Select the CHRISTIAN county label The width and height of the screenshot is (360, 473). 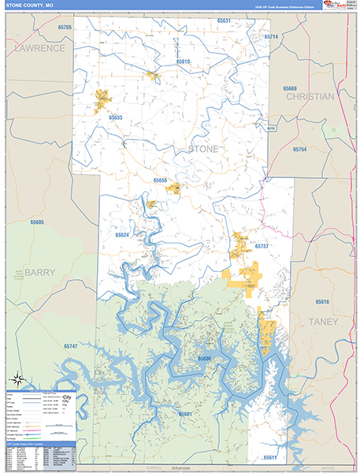pos(310,96)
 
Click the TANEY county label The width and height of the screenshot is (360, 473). pos(323,322)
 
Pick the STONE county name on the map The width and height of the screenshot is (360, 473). pos(202,148)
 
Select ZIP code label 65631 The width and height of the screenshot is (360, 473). pos(224,20)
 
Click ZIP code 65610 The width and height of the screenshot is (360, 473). pos(183,61)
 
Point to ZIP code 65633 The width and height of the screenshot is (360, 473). pos(115,117)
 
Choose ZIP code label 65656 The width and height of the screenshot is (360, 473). pos(160,181)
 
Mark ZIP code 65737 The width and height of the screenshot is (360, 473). pos(261,247)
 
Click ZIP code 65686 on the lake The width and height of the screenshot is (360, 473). pos(204,358)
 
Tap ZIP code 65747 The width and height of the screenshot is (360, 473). pos(71,347)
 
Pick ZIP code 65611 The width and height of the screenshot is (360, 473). pos(270,457)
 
